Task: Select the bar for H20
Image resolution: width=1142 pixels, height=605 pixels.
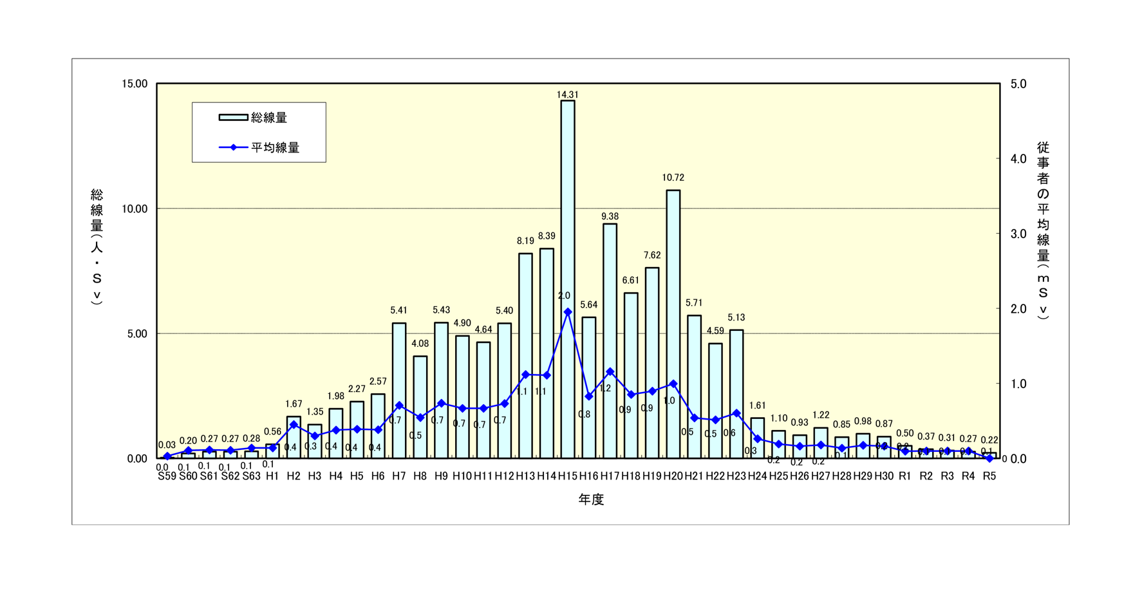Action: coord(673,322)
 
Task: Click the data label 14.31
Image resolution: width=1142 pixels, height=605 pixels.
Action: coord(567,95)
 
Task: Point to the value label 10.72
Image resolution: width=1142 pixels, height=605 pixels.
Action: coord(673,178)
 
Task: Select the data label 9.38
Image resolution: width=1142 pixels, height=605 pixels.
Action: coord(610,216)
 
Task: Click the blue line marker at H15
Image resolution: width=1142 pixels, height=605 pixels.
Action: coord(567,312)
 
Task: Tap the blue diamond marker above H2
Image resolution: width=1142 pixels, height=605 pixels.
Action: coord(294,425)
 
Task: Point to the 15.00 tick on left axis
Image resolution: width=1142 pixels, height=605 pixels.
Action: coord(135,84)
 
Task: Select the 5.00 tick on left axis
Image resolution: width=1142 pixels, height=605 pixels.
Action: coord(137,334)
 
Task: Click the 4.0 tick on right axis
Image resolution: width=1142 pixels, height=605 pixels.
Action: coord(1018,159)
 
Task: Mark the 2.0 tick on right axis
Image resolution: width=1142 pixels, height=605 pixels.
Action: coord(1018,309)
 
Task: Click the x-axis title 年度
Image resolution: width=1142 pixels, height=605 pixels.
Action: coord(590,499)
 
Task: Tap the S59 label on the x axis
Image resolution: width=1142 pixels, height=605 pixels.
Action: coord(167,476)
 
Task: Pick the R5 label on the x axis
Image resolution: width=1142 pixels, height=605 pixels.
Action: coord(989,476)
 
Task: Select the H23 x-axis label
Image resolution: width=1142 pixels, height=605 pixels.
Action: coord(736,476)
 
